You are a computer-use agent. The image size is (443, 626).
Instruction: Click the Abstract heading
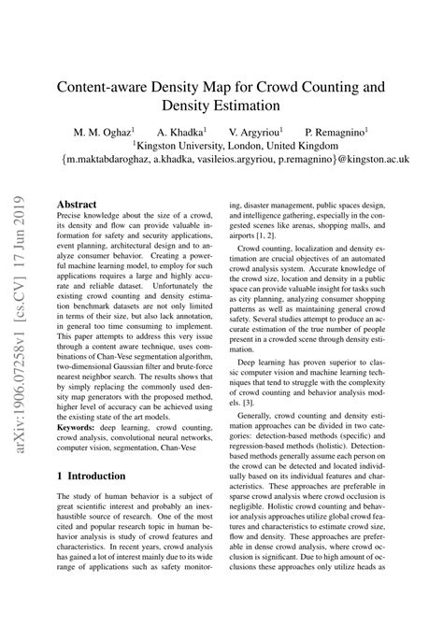pos(77,203)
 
